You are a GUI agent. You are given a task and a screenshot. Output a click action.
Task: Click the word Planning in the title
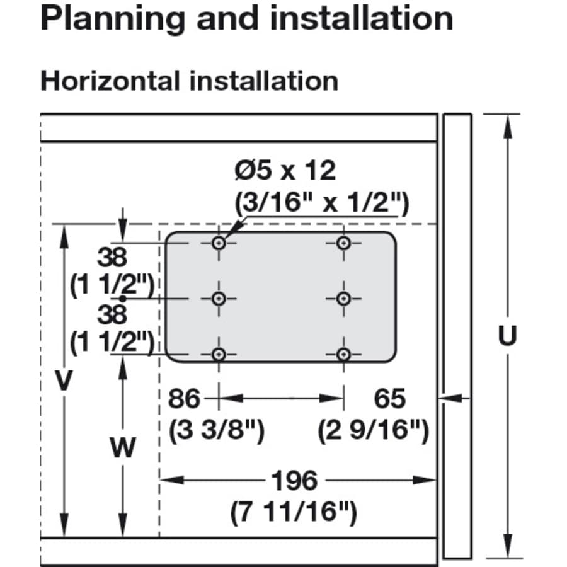pos(113,19)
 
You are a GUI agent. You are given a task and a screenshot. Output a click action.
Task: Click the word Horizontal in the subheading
pos(110,81)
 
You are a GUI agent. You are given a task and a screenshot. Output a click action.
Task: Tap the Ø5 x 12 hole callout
pos(285,170)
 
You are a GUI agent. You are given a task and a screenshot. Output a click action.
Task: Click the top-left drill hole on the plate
pos(219,243)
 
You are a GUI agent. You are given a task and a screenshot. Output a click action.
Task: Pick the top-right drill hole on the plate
pos(343,243)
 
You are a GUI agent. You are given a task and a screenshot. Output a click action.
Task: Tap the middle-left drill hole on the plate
pos(219,299)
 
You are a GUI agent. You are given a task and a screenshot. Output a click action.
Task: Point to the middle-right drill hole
pos(343,299)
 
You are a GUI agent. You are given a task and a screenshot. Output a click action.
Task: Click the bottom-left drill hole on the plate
pos(219,354)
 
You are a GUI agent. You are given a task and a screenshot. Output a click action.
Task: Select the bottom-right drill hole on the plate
pos(343,354)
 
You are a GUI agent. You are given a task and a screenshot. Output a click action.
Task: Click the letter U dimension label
pos(507,336)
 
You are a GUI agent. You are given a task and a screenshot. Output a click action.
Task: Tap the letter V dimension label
pos(64,381)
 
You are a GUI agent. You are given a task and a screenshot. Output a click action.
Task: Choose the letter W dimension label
pos(123,447)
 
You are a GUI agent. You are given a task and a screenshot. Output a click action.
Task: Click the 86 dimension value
pos(184,399)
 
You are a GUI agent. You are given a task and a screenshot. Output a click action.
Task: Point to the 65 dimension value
pos(390,399)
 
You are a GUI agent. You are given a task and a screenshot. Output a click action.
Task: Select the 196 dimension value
pos(295,480)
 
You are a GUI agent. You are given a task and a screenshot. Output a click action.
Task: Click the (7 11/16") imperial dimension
pos(294,512)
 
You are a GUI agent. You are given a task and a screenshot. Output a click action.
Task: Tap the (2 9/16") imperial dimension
pos(374,430)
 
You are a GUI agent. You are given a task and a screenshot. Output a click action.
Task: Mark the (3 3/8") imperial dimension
pos(217,430)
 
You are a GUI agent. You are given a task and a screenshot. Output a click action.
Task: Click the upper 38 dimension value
pos(113,258)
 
